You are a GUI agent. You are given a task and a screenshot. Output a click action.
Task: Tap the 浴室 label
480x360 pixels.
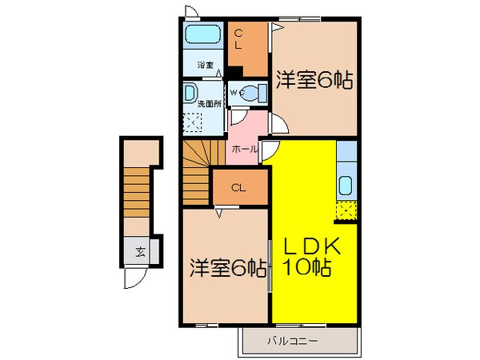[x=205, y=65]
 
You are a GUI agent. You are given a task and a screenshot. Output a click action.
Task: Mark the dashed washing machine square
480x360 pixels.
[x=193, y=122]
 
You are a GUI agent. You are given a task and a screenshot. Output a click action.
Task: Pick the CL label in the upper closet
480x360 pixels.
[x=238, y=40]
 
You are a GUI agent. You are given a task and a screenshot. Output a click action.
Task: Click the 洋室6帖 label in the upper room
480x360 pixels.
[x=315, y=80]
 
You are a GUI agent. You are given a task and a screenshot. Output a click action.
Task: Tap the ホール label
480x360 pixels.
[x=244, y=149]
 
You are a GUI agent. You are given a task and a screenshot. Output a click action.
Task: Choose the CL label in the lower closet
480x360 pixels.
[x=238, y=188]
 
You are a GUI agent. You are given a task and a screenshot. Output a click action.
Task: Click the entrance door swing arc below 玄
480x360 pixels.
[x=133, y=278]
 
